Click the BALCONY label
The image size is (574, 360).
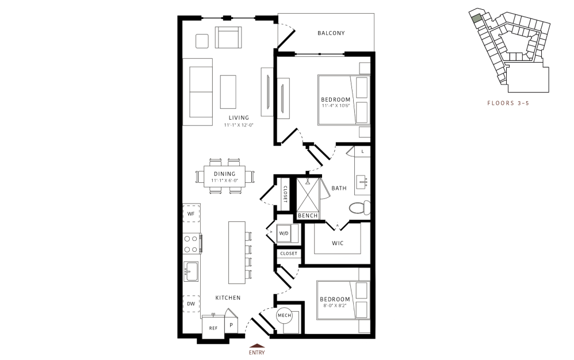[331, 33]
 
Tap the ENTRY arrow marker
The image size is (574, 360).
[257, 345]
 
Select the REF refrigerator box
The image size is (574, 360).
[213, 327]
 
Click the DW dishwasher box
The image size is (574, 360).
[191, 304]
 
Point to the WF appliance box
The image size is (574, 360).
[191, 214]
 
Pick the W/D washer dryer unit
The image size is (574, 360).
[284, 233]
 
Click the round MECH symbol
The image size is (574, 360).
[284, 315]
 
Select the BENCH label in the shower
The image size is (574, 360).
[308, 216]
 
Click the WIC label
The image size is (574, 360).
[338, 243]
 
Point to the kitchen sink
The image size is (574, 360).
[191, 271]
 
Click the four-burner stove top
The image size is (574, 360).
[191, 244]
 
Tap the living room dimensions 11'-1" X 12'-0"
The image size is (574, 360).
[239, 125]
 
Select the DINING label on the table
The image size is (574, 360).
[224, 174]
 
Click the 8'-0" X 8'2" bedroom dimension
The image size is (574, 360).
[334, 306]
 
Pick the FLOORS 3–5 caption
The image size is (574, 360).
[508, 103]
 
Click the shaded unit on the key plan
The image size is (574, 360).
[475, 18]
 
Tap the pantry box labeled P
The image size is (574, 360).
[231, 325]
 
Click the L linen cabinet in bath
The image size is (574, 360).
[362, 151]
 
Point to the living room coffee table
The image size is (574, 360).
[228, 91]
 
